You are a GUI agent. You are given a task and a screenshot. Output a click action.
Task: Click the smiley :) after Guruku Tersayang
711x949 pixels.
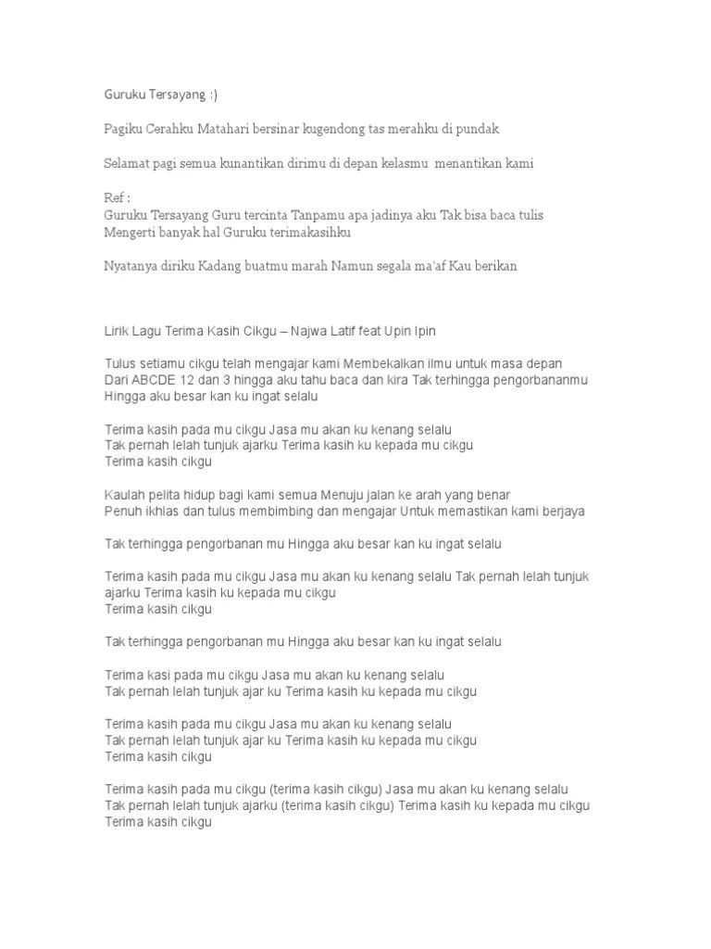tap(216, 95)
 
